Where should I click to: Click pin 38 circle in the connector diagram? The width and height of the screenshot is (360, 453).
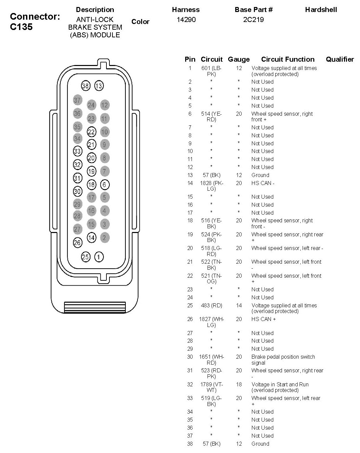(86, 86)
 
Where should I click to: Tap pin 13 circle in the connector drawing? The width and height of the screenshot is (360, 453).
(99, 86)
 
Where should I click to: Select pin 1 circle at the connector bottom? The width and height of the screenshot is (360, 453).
(99, 257)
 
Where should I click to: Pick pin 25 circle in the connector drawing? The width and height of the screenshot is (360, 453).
(86, 257)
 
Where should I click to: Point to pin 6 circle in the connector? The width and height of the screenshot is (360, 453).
(104, 185)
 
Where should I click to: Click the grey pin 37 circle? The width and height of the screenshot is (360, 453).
(77, 100)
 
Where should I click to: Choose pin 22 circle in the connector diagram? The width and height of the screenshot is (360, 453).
(91, 132)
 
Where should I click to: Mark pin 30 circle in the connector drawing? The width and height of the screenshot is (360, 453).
(77, 191)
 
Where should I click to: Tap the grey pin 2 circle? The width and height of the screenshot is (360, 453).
(104, 237)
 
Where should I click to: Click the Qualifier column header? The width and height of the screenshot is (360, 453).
(340, 59)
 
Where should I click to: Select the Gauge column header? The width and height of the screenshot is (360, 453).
(239, 59)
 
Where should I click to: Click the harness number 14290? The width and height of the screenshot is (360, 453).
(186, 20)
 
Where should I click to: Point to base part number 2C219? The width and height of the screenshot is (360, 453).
(254, 20)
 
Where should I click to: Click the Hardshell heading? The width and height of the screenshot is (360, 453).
(321, 10)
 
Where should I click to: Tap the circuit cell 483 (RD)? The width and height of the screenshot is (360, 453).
(212, 305)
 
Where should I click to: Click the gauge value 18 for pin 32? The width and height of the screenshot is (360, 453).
(239, 384)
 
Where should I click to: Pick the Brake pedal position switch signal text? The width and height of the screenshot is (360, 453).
(283, 360)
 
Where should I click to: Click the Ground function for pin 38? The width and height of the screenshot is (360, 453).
(260, 444)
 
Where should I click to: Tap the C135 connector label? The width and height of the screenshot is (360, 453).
(21, 27)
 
